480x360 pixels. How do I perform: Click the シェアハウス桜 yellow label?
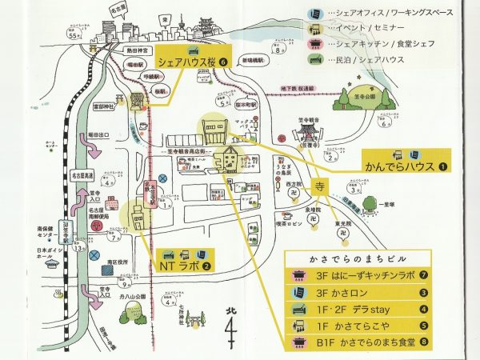[187, 61]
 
